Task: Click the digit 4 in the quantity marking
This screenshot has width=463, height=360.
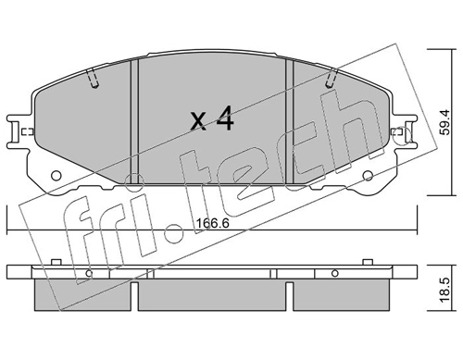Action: coord(225,118)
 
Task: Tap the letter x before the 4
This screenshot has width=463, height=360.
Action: coord(198,121)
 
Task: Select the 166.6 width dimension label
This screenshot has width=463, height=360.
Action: coord(213,223)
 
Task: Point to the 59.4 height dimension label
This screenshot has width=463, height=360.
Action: coord(445,122)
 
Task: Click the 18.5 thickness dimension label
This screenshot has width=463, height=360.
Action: coord(445,290)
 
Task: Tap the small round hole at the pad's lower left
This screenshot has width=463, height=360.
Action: coord(56,176)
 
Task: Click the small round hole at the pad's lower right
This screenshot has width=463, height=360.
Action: coord(368,176)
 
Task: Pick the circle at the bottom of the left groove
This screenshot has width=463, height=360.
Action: coord(134,182)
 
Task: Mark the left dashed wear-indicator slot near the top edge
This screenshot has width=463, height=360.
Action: coord(93,79)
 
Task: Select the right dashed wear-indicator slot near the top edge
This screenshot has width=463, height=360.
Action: coord(332,79)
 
